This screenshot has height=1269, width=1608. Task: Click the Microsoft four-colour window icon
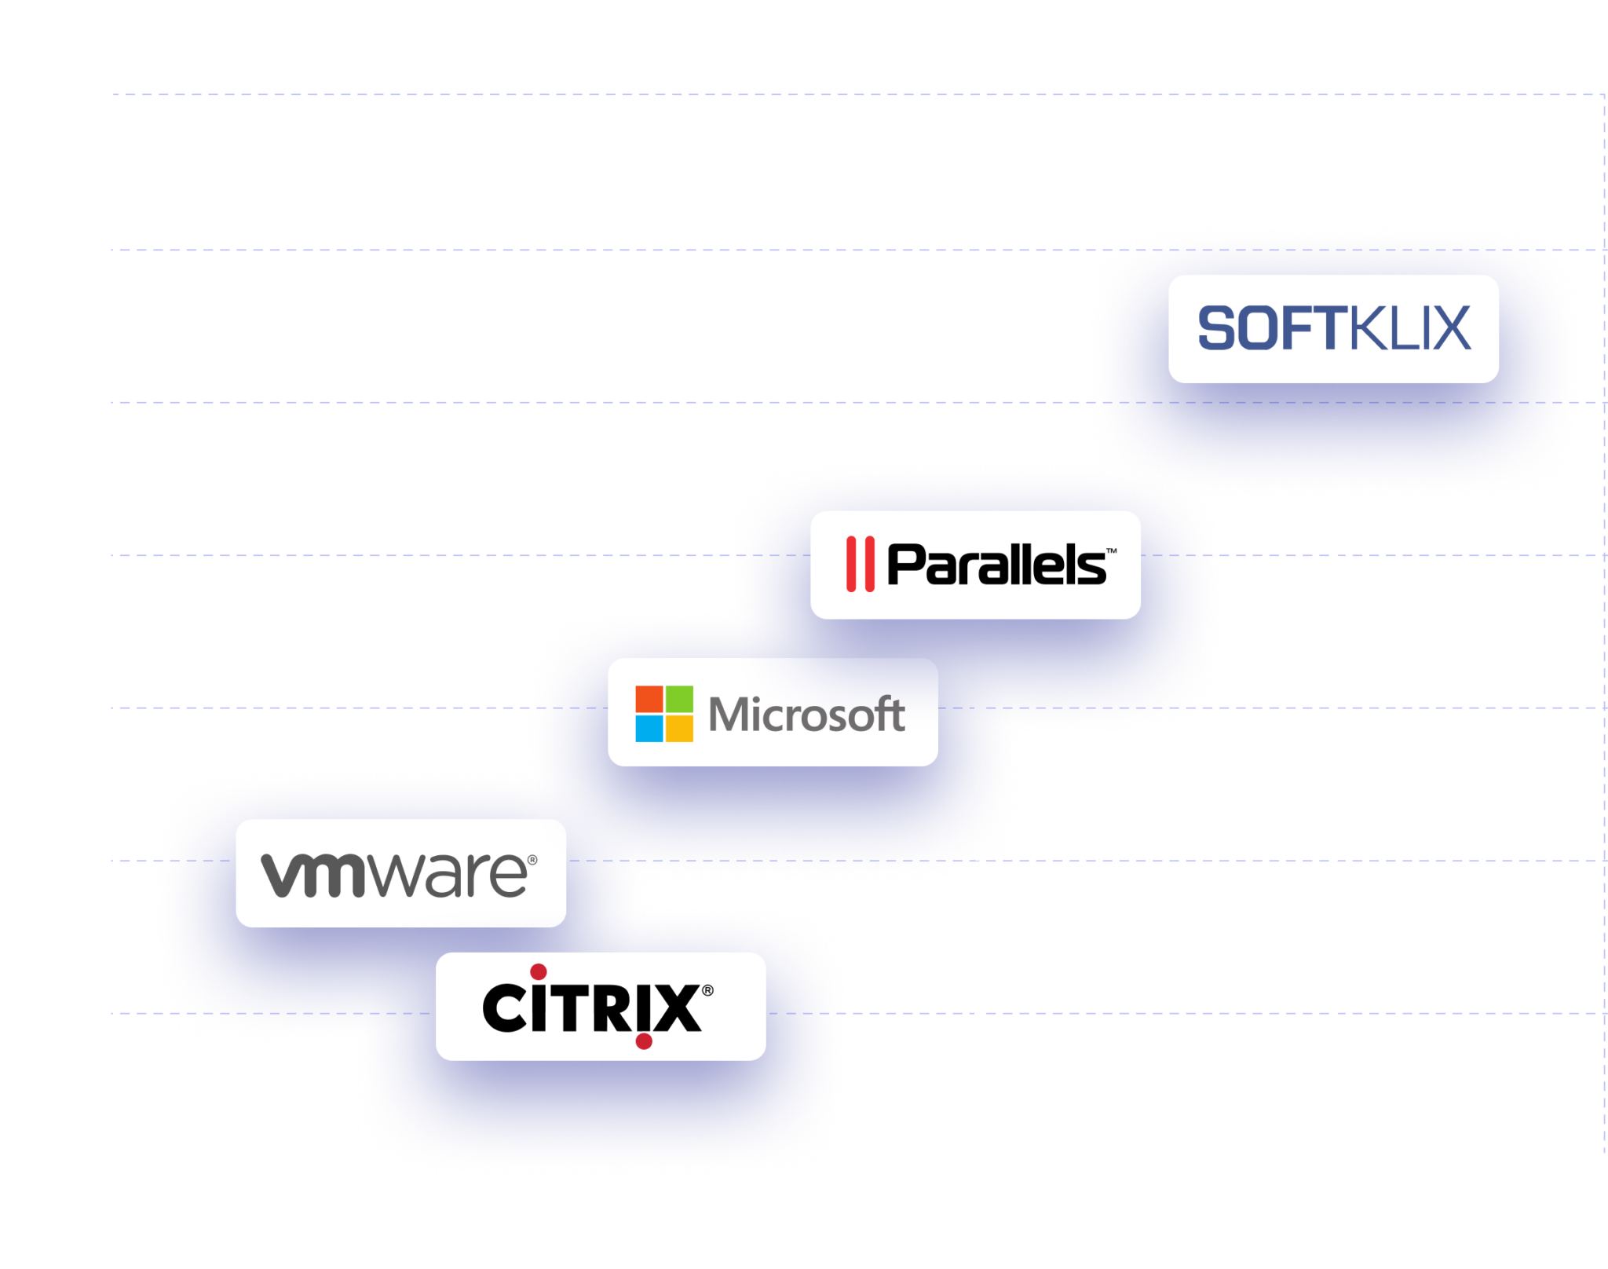point(664,714)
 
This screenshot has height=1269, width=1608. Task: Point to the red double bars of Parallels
point(860,564)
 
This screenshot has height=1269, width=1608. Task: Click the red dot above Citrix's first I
point(539,972)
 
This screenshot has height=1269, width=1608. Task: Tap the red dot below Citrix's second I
point(644,1042)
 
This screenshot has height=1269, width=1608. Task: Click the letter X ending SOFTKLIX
point(1451,328)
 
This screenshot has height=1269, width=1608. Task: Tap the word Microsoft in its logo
point(806,715)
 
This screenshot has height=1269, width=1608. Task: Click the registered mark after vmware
point(533,861)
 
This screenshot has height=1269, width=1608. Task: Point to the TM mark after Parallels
point(1111,551)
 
